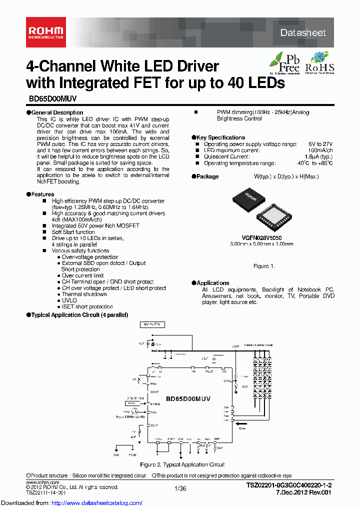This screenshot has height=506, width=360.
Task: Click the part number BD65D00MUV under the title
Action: click(x=50, y=99)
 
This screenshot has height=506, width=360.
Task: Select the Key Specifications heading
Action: click(x=220, y=137)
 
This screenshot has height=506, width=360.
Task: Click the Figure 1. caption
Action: click(x=264, y=266)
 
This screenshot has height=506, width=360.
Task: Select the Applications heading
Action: click(x=212, y=283)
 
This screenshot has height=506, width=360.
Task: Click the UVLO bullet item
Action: click(x=69, y=300)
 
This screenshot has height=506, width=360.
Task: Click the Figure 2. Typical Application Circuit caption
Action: click(x=182, y=464)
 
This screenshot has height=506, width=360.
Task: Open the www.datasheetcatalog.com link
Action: click(x=71, y=502)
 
